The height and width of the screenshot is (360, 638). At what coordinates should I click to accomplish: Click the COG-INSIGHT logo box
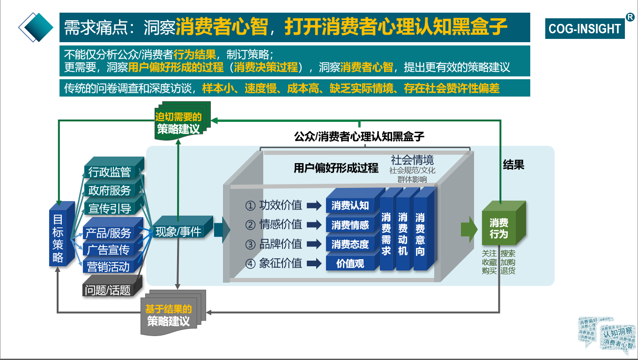[584, 29]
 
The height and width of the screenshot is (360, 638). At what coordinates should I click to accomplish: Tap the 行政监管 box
[110, 172]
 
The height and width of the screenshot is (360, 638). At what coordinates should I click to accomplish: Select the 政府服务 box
[110, 190]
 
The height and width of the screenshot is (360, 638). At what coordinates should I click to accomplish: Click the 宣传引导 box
[110, 209]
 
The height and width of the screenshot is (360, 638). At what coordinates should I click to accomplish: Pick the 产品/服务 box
[108, 232]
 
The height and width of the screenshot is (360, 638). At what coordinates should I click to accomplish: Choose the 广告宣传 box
[108, 250]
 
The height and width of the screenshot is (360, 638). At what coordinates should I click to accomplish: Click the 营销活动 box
[108, 267]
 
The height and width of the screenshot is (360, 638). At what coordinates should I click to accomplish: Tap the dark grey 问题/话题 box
[108, 290]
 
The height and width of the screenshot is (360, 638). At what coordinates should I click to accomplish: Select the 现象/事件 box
[178, 232]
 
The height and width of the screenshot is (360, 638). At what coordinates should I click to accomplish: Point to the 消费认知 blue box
[350, 205]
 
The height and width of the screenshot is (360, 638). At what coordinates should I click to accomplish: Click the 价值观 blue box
[350, 263]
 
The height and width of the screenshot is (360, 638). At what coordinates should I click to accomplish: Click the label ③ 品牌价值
[274, 244]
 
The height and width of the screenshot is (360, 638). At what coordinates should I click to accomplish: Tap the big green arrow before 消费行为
[468, 229]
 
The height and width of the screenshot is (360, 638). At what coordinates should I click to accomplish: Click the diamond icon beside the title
[36, 27]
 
